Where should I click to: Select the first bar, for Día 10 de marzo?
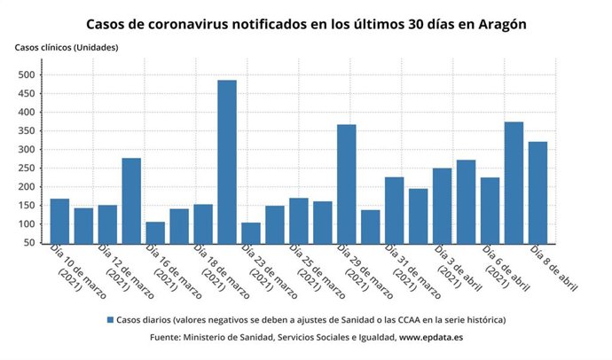59,222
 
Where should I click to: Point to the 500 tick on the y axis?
28,74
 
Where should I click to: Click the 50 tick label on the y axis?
31,243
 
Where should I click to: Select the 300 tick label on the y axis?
28,150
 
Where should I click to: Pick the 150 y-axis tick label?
28,206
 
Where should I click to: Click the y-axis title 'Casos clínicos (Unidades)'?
67,47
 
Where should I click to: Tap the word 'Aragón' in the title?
501,24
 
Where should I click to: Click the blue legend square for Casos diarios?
110,319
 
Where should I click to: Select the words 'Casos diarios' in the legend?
144,319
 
